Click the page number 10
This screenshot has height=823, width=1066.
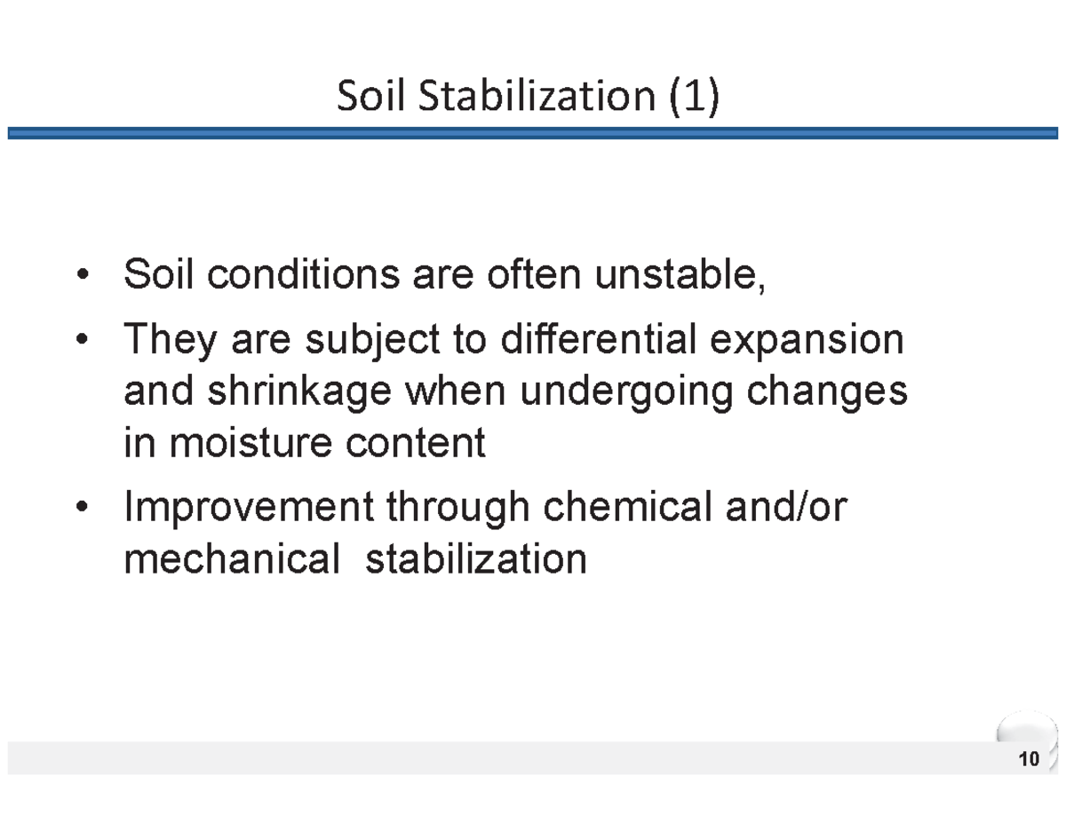[1030, 760]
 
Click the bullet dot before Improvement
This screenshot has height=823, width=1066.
[83, 508]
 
